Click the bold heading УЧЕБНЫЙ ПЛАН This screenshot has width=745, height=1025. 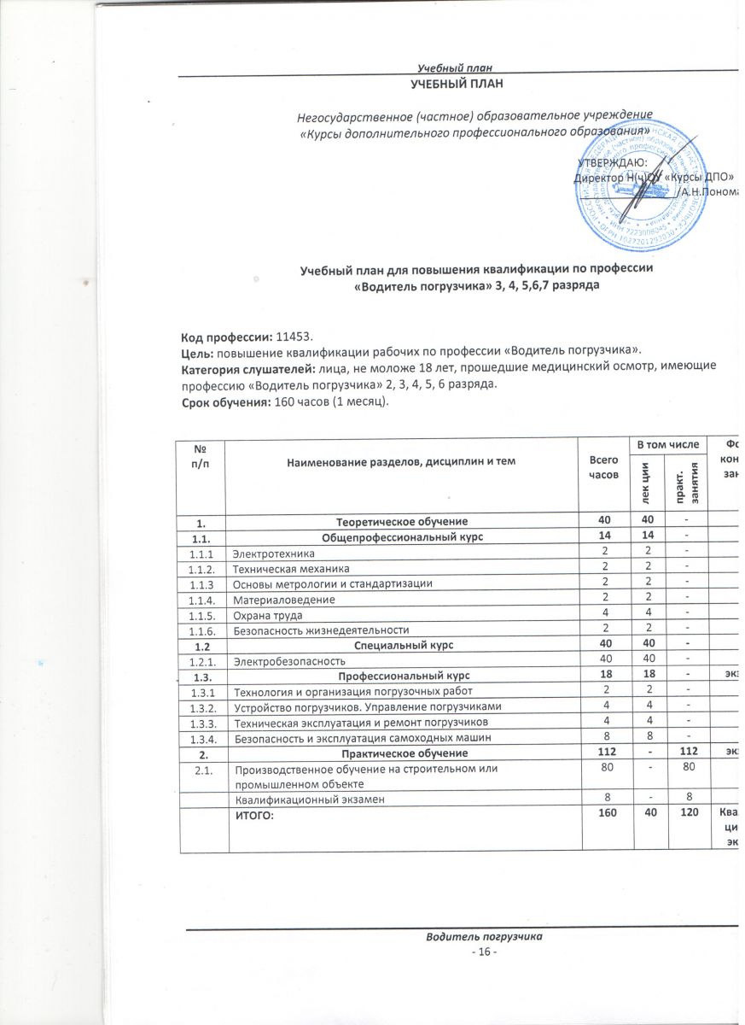click(458, 83)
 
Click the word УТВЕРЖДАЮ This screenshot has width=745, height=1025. click(612, 162)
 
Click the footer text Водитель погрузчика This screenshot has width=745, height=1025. click(485, 937)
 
